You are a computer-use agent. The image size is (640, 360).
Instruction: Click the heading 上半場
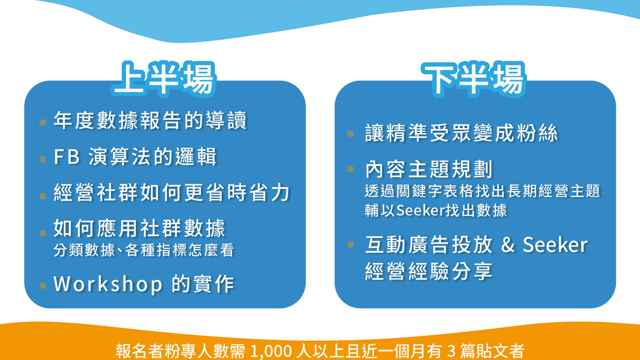pyautogui.click(x=165, y=81)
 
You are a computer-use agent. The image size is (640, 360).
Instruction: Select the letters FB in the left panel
pyautogui.click(x=67, y=157)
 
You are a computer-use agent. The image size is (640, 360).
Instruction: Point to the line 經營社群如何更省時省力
pyautogui.click(x=172, y=193)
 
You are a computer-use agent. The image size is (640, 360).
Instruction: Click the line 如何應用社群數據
pyautogui.click(x=140, y=229)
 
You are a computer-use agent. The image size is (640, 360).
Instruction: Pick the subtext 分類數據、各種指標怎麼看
pyautogui.click(x=144, y=250)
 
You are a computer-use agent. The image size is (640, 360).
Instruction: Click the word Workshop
pyautogui.click(x=108, y=284)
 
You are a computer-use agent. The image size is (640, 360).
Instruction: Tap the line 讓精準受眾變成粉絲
pyautogui.click(x=461, y=133)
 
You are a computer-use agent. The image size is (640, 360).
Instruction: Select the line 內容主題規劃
pyautogui.click(x=429, y=169)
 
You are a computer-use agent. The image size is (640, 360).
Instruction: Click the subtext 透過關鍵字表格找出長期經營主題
pyautogui.click(x=483, y=191)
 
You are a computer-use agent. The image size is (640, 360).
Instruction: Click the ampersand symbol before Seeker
pyautogui.click(x=508, y=245)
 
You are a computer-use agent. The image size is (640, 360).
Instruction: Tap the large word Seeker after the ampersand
pyautogui.click(x=555, y=245)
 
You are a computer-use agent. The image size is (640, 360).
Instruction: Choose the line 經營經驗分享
pyautogui.click(x=429, y=271)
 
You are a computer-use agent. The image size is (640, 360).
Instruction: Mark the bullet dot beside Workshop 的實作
pyautogui.click(x=43, y=285)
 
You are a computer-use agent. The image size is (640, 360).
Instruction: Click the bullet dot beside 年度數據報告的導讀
pyautogui.click(x=43, y=123)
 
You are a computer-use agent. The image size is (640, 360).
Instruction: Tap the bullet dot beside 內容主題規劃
pyautogui.click(x=350, y=169)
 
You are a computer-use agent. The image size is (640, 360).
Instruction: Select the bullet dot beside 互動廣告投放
pyautogui.click(x=350, y=245)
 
